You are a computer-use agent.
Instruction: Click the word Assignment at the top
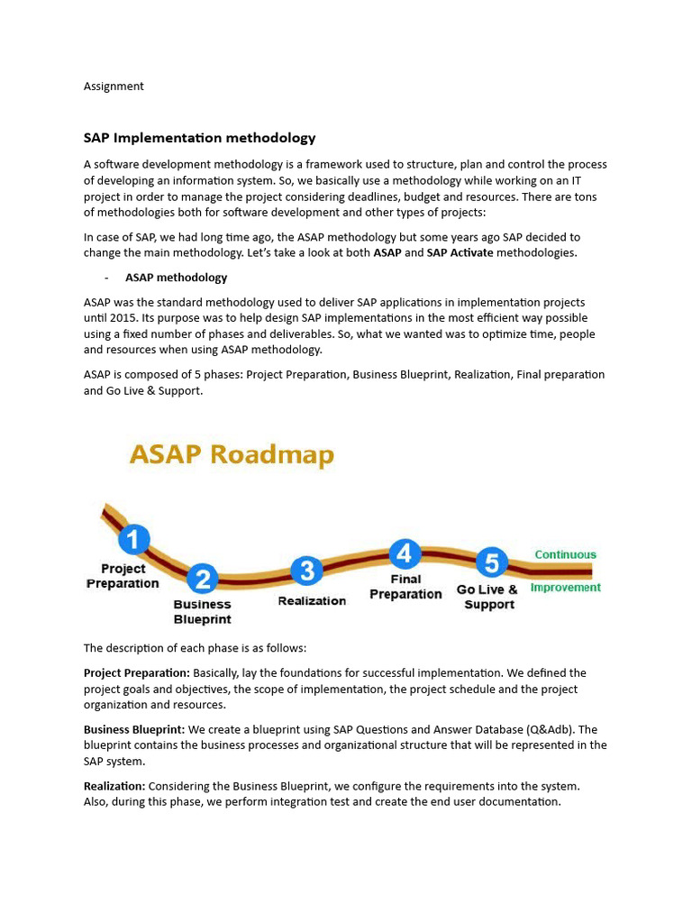(114, 87)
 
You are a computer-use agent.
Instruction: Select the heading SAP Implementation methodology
(199, 138)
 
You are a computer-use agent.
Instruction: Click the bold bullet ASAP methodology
(176, 278)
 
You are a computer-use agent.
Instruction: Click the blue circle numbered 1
(134, 540)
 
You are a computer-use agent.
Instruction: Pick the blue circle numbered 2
(204, 579)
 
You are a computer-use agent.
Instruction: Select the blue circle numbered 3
(307, 571)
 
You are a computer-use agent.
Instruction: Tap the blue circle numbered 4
(405, 553)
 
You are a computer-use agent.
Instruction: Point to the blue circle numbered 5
(491, 563)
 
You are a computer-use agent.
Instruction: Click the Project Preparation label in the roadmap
(123, 576)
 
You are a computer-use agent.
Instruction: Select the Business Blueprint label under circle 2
(202, 612)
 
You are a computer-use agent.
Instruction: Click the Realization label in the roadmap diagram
(312, 601)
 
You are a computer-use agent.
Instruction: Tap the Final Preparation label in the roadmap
(405, 587)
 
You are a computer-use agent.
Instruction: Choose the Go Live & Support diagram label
(487, 597)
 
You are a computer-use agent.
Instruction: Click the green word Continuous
(565, 554)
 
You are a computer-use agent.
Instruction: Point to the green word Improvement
(565, 588)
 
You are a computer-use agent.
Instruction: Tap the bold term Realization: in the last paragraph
(114, 787)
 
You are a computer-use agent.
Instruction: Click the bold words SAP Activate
(460, 253)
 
